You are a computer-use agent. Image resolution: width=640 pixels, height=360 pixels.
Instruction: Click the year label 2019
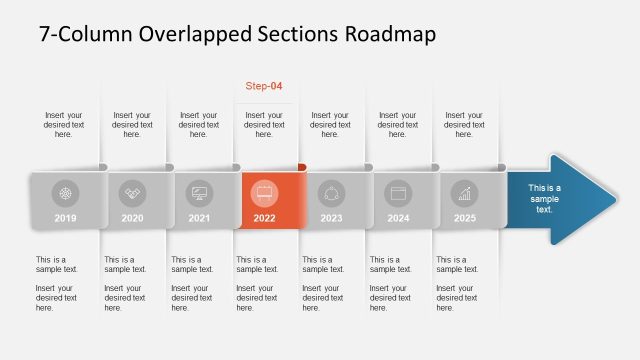click(x=65, y=218)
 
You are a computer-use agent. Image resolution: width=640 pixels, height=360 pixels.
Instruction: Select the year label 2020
click(x=132, y=218)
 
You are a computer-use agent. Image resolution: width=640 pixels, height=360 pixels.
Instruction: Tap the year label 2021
click(x=198, y=218)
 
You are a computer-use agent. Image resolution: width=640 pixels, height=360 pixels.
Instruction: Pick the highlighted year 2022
click(x=265, y=218)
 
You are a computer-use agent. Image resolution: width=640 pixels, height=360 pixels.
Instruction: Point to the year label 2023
click(x=331, y=218)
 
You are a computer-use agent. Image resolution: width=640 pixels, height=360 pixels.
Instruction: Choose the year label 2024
click(x=398, y=218)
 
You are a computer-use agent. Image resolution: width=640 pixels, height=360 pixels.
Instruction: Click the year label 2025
click(x=464, y=218)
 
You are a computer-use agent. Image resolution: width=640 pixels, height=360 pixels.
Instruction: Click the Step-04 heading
click(x=264, y=86)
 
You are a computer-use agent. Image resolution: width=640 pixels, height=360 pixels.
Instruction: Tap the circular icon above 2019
click(x=66, y=193)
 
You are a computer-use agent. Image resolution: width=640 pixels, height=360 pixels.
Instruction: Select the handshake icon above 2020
click(x=132, y=193)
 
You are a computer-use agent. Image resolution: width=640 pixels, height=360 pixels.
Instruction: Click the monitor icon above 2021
click(x=199, y=193)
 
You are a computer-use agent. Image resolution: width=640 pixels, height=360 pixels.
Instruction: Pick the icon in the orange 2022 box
click(x=265, y=193)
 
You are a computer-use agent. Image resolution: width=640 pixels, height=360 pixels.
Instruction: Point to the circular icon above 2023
click(x=331, y=193)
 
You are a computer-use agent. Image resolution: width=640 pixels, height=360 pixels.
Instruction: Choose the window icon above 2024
click(x=398, y=193)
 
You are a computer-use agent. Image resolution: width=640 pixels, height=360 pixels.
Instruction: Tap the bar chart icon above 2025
click(x=464, y=193)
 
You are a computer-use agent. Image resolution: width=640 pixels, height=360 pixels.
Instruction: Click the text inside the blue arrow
click(x=544, y=198)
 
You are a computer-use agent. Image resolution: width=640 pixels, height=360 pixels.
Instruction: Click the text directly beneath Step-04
click(x=265, y=124)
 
